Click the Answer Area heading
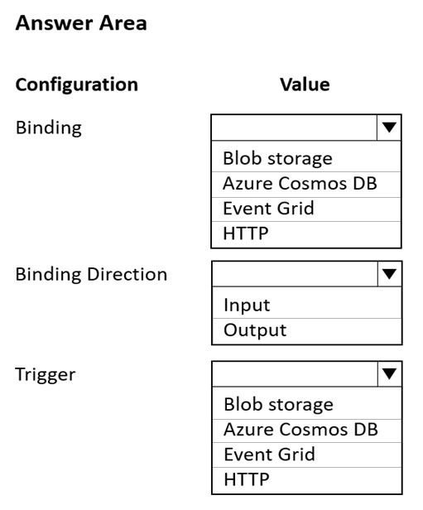point(81,23)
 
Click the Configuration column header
point(77,85)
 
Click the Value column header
point(305,84)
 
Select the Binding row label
point(49,127)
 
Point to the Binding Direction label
point(91,275)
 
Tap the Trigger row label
point(46,375)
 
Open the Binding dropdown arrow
point(389,127)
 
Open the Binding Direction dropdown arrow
point(390,274)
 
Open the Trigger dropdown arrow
point(390,373)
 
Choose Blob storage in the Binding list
point(277,159)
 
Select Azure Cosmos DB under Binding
point(300,183)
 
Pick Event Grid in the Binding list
point(268,208)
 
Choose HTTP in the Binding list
point(246,233)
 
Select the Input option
point(247,306)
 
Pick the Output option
point(255,330)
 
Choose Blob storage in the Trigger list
point(279,405)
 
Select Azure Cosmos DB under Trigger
point(301,430)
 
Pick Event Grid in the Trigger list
point(270,455)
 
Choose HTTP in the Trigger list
point(247,479)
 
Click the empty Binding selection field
point(294,127)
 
